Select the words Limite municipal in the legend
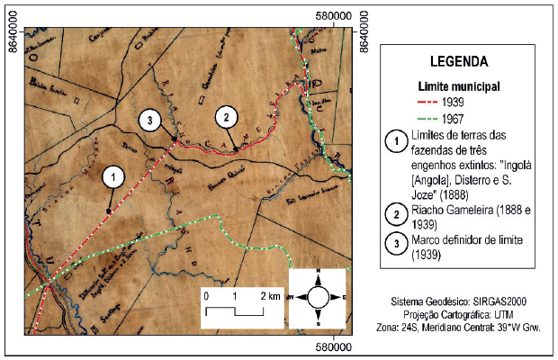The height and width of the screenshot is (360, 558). click(459, 86)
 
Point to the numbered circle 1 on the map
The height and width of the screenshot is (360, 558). click(112, 176)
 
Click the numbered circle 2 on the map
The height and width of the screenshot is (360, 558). click(227, 117)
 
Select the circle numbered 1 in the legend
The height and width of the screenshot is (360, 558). click(391, 141)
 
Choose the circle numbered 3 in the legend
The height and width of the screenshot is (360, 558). click(391, 243)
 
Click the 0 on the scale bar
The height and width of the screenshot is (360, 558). click(206, 296)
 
